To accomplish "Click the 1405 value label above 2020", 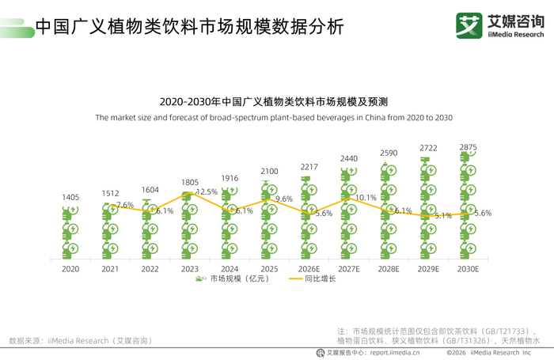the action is tap(70, 197).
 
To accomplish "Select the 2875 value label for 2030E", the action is tap(469, 147).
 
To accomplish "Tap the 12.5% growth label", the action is tap(207, 191).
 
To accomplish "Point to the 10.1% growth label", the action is tap(366, 198).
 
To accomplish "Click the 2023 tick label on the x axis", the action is tap(190, 269).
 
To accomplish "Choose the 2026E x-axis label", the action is tap(309, 269).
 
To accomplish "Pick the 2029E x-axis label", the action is tap(428, 269).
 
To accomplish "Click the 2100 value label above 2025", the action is tap(269, 172).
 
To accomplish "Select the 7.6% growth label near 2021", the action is tap(125, 205).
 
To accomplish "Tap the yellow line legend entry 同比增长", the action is tap(313, 279).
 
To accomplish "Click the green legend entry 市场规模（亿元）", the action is tap(233, 279).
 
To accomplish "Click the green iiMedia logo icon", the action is tap(469, 25).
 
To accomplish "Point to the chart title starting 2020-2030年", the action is tap(274, 102).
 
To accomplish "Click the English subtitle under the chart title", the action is tap(274, 118).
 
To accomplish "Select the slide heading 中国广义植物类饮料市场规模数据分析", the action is tap(190, 27).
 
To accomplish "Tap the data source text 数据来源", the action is tap(81, 341).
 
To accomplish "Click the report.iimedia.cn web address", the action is tap(395, 353).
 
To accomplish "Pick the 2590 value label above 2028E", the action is tap(389, 153).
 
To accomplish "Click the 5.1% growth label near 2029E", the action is tap(443, 215).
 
